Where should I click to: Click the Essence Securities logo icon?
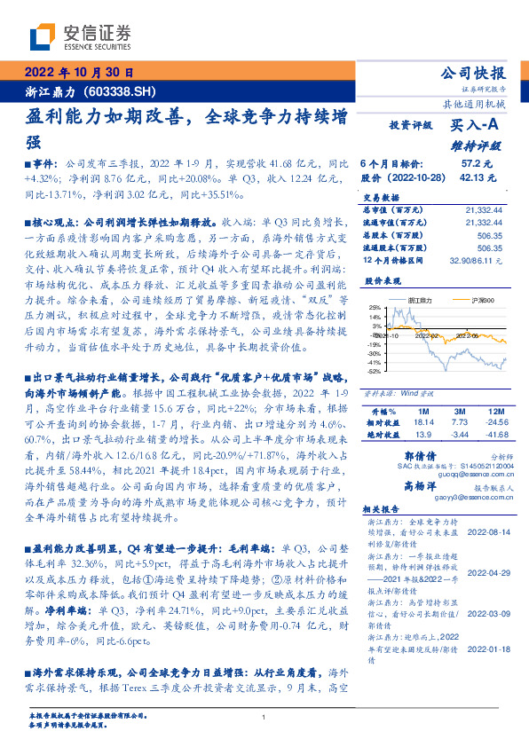click(x=43, y=35)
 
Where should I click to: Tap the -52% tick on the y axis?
click(x=374, y=371)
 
